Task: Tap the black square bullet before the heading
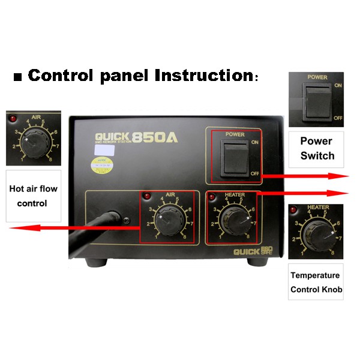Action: click(17, 77)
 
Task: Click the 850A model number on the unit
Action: click(155, 137)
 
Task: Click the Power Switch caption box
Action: click(316, 149)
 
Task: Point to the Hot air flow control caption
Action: click(33, 196)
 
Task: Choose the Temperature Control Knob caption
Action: click(316, 283)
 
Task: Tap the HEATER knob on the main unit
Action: click(230, 219)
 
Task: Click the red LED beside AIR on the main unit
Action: click(145, 196)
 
